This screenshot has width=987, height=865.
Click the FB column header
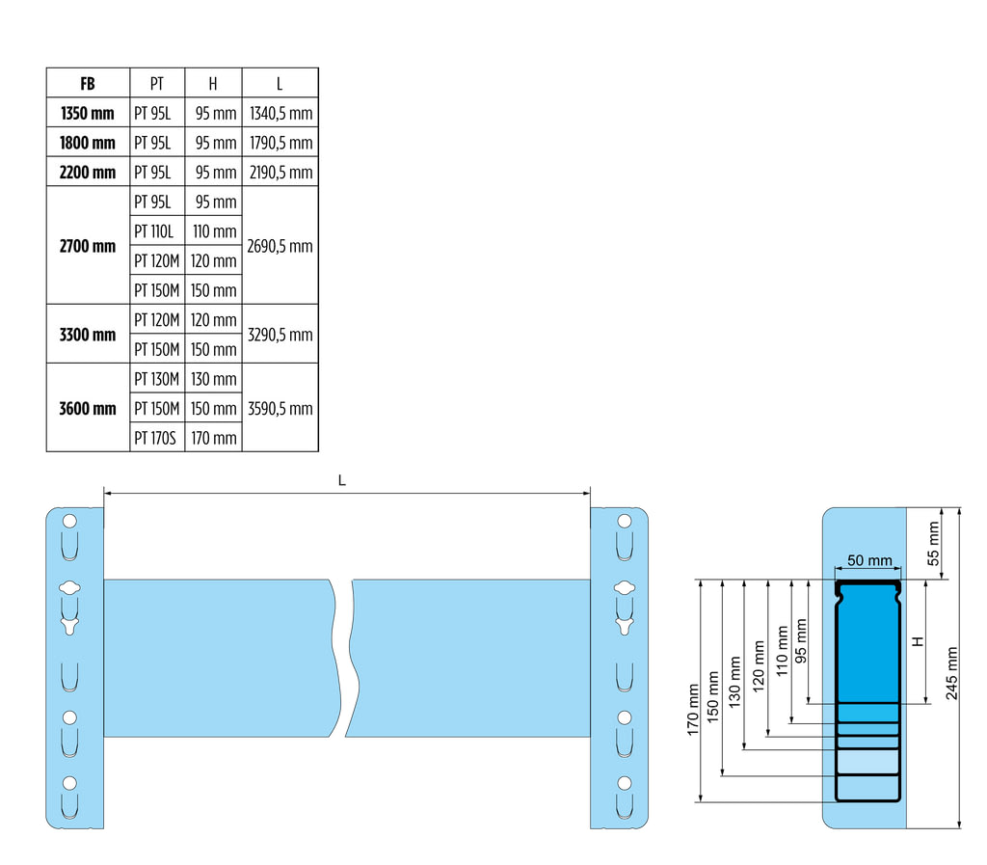click(x=88, y=83)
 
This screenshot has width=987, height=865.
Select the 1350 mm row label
click(x=88, y=113)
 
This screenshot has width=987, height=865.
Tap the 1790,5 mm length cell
click(x=280, y=143)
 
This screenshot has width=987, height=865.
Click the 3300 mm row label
click(x=88, y=335)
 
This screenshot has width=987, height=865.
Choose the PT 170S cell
click(x=155, y=438)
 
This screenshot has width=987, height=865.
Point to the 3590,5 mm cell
click(x=280, y=408)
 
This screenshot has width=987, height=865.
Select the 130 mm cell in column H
click(x=213, y=379)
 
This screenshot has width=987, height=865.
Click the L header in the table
click(x=280, y=83)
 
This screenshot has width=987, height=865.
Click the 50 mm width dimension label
click(x=868, y=560)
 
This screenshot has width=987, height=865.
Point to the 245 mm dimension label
click(x=953, y=673)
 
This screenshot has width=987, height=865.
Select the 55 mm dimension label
click(x=932, y=544)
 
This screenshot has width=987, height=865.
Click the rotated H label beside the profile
click(x=919, y=640)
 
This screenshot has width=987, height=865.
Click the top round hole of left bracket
click(x=68, y=521)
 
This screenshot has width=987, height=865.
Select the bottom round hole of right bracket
click(x=625, y=782)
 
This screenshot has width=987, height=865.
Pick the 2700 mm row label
click(x=88, y=246)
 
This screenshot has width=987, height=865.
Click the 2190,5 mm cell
click(x=280, y=173)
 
